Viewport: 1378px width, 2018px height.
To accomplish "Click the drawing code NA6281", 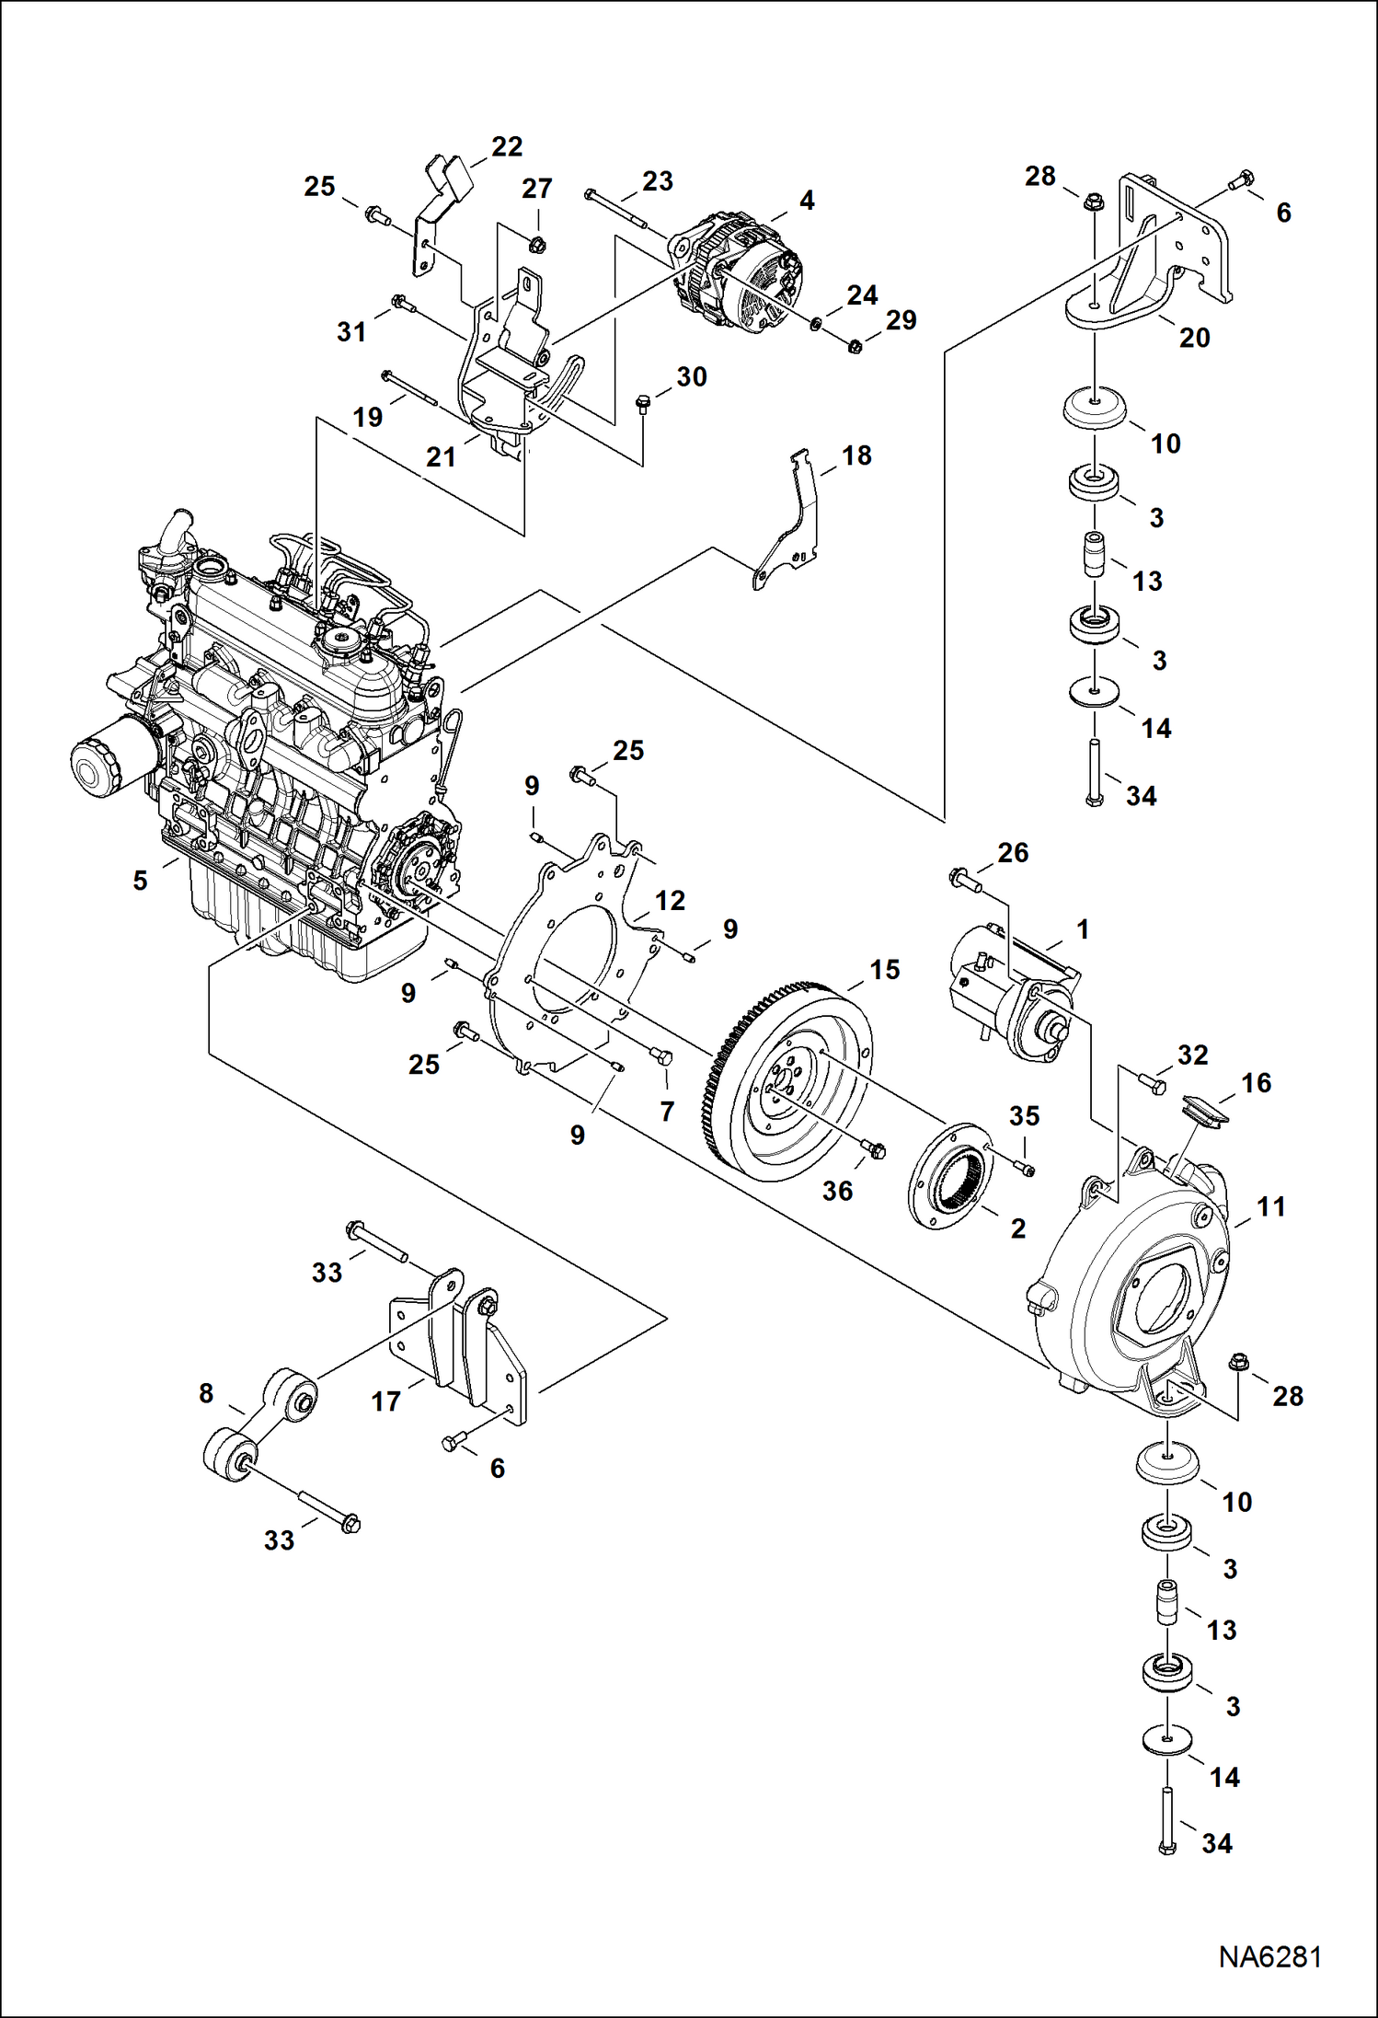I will tap(1269, 1956).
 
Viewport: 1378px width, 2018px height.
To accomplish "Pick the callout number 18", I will tap(856, 455).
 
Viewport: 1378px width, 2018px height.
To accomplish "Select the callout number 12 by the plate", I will tap(670, 901).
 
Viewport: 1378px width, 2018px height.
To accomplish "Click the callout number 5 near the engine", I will tap(140, 881).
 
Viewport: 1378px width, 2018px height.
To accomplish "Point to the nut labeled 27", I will tap(539, 244).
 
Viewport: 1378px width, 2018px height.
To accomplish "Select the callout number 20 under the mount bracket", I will tap(1194, 338).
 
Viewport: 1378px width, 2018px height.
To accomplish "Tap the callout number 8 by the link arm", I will tap(206, 1393).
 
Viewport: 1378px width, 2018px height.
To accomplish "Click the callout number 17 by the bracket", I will tap(385, 1401).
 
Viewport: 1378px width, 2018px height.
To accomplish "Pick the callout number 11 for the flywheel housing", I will tap(1270, 1206).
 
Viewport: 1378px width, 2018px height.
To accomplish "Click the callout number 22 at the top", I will tap(506, 146).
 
